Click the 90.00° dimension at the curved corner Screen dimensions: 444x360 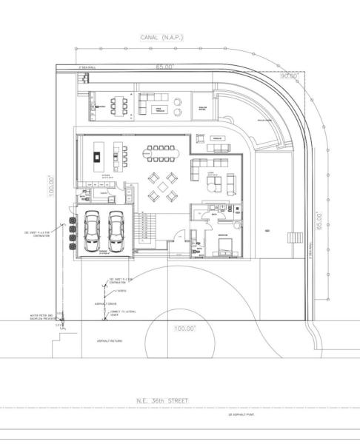[x=288, y=75]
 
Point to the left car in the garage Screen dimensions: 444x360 [x=93, y=230]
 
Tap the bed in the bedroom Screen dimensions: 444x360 [x=227, y=244]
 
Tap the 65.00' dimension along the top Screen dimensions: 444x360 [x=164, y=67]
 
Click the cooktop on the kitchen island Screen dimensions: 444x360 [x=96, y=155]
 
